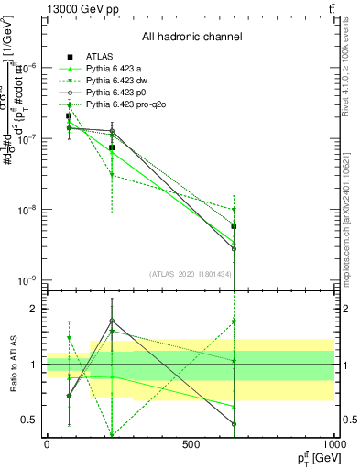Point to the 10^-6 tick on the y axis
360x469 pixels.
[27, 68]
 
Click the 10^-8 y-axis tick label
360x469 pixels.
[27, 210]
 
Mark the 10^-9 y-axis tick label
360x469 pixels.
[27, 280]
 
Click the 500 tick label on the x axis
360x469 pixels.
[191, 443]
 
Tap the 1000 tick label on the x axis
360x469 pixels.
[333, 443]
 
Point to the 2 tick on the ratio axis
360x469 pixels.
[34, 309]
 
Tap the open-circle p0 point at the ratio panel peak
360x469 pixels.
[112, 321]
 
